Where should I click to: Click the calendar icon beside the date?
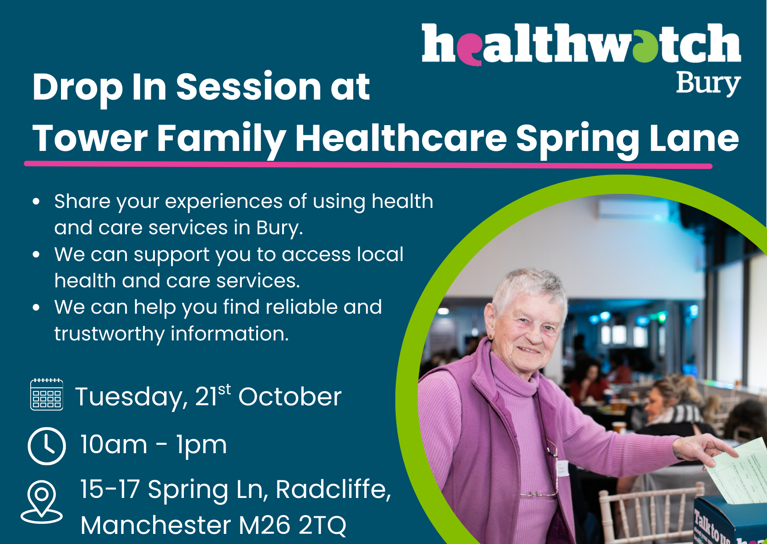click(x=47, y=394)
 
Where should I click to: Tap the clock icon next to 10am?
click(x=47, y=446)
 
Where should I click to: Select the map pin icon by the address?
click(x=42, y=502)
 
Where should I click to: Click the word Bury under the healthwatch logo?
click(x=708, y=84)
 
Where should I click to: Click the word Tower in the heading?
click(x=90, y=138)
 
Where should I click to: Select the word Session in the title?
click(x=249, y=87)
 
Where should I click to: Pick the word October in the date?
click(x=290, y=397)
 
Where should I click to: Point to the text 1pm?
click(x=201, y=446)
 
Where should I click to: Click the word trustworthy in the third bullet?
click(x=109, y=334)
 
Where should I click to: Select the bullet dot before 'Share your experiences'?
click(x=36, y=202)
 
